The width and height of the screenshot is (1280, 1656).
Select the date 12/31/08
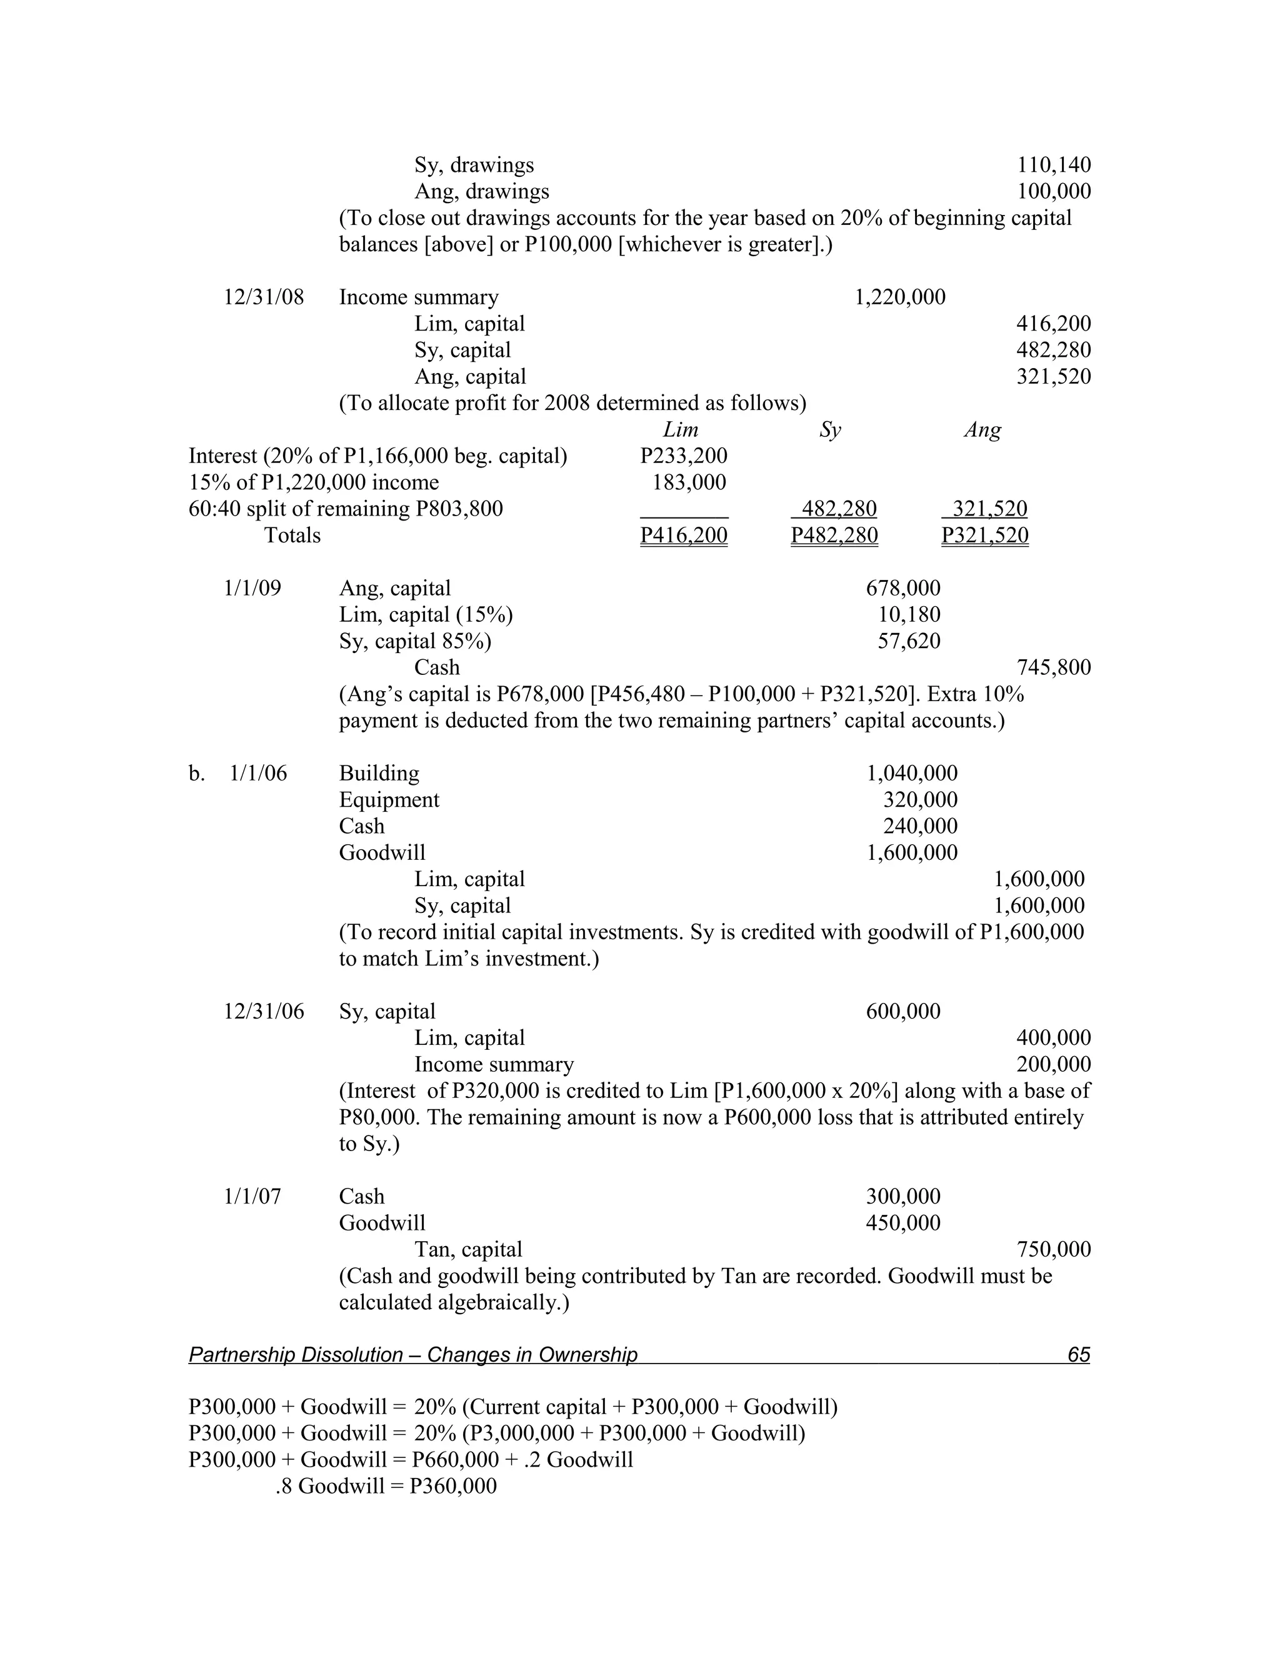(x=263, y=297)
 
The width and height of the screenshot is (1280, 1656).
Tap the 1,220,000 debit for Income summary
(x=899, y=297)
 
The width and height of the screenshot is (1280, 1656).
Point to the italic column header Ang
(x=982, y=430)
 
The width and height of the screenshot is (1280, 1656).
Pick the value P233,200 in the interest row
(x=683, y=456)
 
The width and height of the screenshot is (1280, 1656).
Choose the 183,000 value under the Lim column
(x=689, y=482)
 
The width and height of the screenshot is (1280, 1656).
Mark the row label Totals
(x=292, y=536)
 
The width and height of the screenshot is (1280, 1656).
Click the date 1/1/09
(x=252, y=589)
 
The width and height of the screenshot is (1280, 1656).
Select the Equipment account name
(x=388, y=800)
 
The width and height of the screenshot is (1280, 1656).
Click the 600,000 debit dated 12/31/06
(x=902, y=1012)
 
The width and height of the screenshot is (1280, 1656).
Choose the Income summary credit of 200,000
(x=1053, y=1065)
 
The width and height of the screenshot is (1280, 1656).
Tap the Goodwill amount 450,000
(x=902, y=1223)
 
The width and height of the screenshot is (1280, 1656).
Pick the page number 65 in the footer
(x=1077, y=1355)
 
